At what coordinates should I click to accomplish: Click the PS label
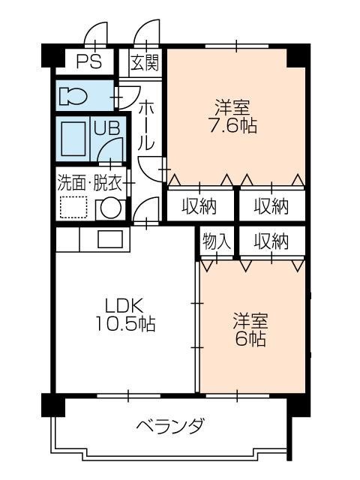pyautogui.click(x=85, y=61)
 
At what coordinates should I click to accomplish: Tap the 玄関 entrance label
pyautogui.click(x=145, y=62)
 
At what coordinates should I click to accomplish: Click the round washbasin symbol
pyautogui.click(x=111, y=208)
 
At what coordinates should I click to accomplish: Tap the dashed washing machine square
pyautogui.click(x=75, y=208)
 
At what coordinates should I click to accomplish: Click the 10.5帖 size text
pyautogui.click(x=124, y=325)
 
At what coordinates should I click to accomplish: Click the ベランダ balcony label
pyautogui.click(x=169, y=427)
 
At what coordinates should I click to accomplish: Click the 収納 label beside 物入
pyautogui.click(x=270, y=241)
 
